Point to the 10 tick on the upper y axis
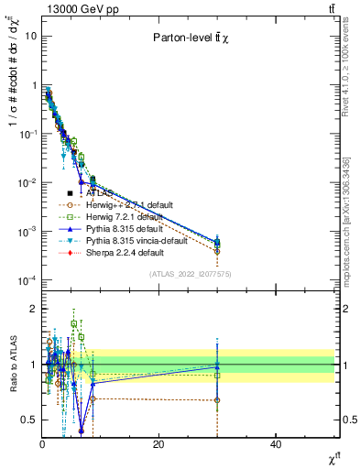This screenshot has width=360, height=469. [29, 36]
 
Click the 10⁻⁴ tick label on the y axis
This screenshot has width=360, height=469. [26, 279]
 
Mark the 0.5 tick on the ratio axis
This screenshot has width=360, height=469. [28, 420]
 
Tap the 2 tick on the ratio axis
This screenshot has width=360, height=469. [33, 309]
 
